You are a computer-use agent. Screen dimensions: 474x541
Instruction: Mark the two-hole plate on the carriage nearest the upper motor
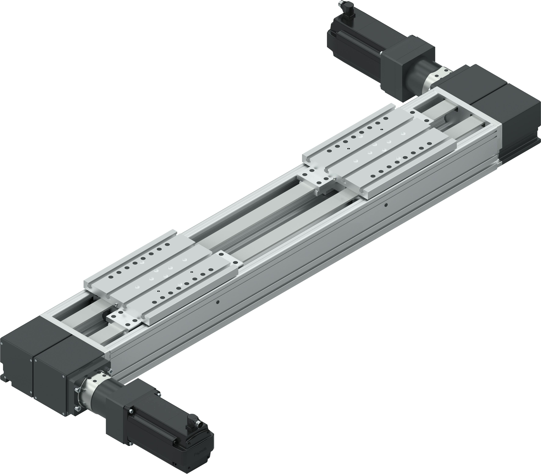(x=421, y=116)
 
